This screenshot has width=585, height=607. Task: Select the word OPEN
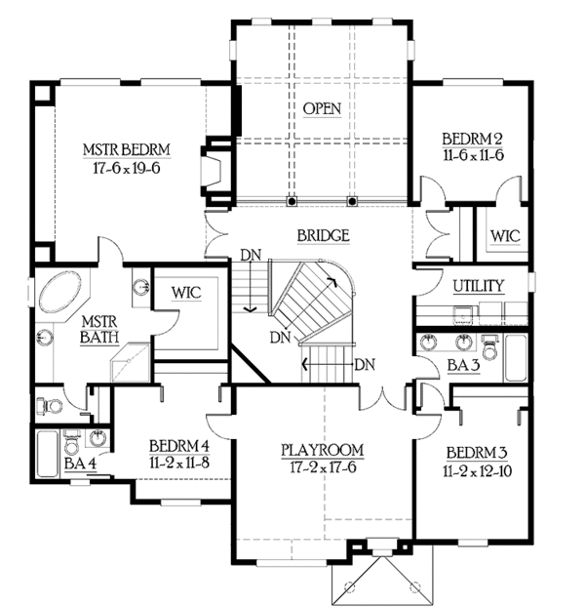point(322,108)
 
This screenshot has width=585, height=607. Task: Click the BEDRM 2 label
point(472,138)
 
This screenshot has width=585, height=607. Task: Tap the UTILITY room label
point(479,286)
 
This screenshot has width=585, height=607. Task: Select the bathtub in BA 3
point(515,357)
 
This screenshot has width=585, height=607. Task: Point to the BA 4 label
point(78,463)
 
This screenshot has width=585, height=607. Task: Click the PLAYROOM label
point(322,450)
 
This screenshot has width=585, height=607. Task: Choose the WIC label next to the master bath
point(186,292)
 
